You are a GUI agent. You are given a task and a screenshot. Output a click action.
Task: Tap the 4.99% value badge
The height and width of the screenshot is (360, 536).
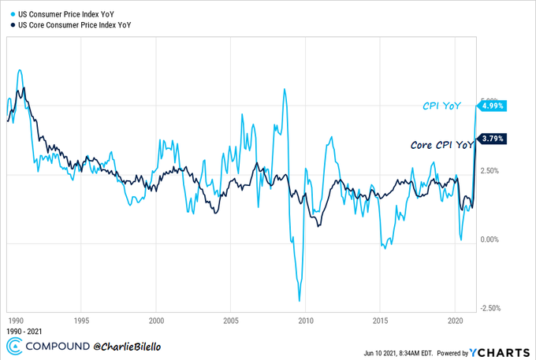coord(493,105)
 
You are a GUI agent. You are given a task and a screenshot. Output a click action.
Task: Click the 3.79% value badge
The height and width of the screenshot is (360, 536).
coord(493,139)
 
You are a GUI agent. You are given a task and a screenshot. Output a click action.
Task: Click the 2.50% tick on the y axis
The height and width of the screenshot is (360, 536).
coord(491,171)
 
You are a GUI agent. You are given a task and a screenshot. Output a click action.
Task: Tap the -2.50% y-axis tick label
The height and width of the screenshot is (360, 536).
coord(489,308)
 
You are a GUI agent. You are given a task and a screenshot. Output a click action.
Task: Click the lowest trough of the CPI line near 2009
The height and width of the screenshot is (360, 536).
coord(300,301)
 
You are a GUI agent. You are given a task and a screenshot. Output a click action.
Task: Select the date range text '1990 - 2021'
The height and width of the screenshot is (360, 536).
coord(24,332)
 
